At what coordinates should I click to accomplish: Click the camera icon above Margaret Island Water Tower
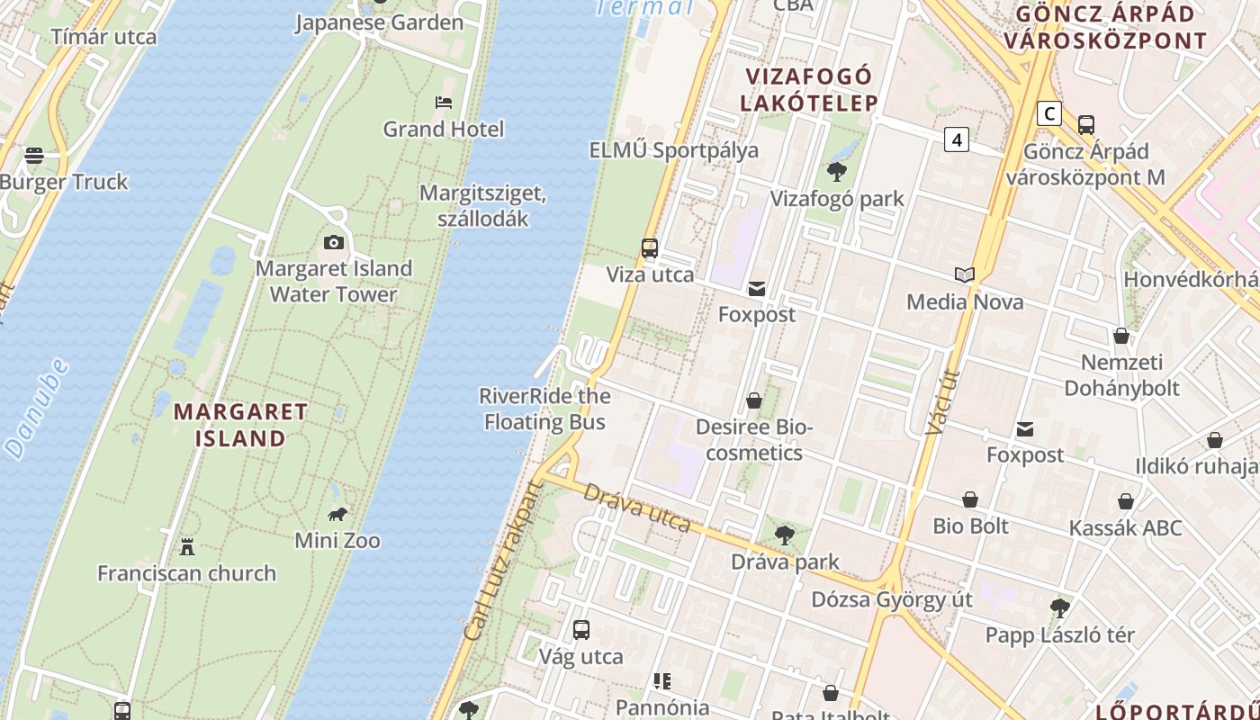333,242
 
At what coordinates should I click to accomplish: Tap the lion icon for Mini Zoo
337,515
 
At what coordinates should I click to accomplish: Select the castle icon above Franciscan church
187,546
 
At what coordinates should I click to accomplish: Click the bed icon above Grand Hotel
444,103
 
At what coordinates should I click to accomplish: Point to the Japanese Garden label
379,22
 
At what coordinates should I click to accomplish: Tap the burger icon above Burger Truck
34,156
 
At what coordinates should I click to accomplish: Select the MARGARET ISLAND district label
240,426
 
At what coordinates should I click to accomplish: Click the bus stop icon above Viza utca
650,248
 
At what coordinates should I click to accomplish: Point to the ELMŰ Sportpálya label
673,150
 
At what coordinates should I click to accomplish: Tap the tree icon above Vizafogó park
837,172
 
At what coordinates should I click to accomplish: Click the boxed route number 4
957,139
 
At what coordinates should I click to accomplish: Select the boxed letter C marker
1048,114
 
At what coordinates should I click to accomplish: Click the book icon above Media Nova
965,274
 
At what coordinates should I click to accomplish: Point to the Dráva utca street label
637,508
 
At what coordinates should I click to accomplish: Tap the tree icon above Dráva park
785,535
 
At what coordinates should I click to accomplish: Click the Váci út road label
941,402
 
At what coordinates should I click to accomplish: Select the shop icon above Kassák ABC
1125,501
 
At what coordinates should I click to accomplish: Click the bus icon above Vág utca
581,630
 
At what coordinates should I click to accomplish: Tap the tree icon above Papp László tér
1060,608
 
